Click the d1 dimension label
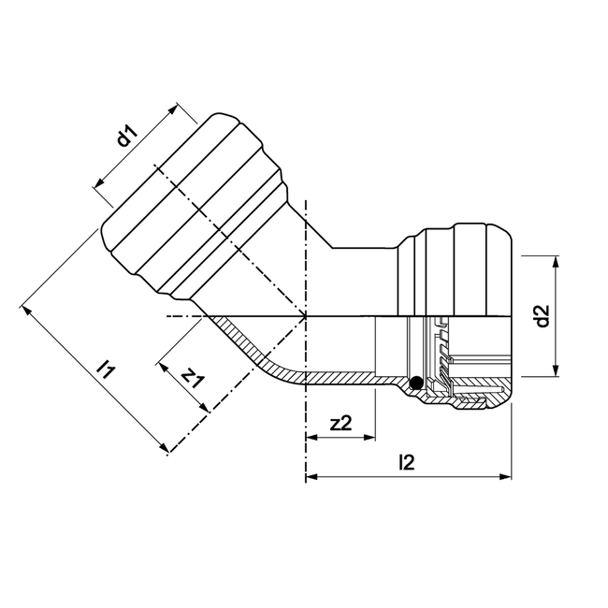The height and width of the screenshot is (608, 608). point(127,138)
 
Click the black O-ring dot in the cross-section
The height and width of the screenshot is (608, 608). point(415,382)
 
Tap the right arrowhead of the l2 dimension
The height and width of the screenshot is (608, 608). point(507,477)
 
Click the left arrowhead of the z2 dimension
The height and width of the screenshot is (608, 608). point(311,437)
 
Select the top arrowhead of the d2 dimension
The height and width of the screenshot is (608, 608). point(557,259)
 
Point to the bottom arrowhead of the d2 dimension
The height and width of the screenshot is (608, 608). point(557,370)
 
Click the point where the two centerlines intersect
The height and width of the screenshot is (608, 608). point(306,317)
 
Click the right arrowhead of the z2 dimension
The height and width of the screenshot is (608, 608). point(370,437)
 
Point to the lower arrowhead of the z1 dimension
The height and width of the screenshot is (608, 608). point(203,409)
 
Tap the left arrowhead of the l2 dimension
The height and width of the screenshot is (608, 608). point(311,477)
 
